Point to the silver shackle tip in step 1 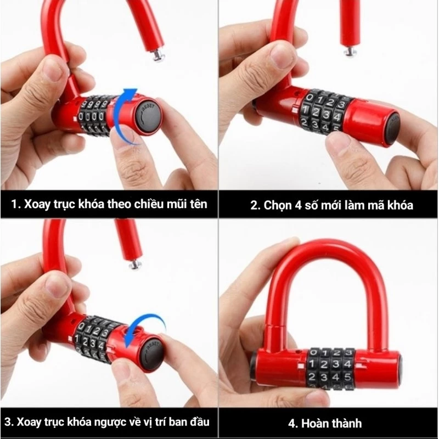159,57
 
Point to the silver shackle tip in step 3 136,264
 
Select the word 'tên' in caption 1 199,204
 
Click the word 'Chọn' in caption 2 277,205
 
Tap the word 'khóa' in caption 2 401,205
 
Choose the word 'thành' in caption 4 346,423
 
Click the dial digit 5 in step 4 347,377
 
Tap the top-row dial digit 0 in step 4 313,352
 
